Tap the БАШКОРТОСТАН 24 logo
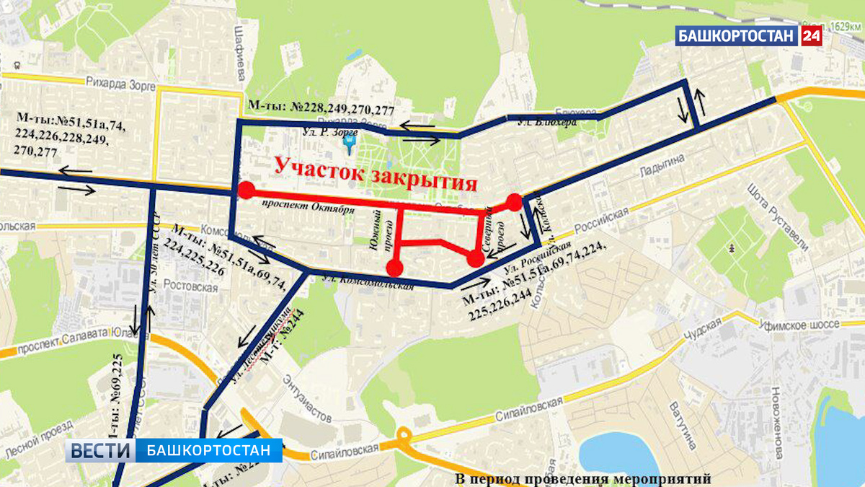(x=749, y=35)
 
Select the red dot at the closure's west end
(x=247, y=190)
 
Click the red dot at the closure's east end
(x=514, y=202)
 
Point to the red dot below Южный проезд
(x=394, y=268)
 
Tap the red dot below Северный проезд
(x=474, y=260)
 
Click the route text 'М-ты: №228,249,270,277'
(x=321, y=108)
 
